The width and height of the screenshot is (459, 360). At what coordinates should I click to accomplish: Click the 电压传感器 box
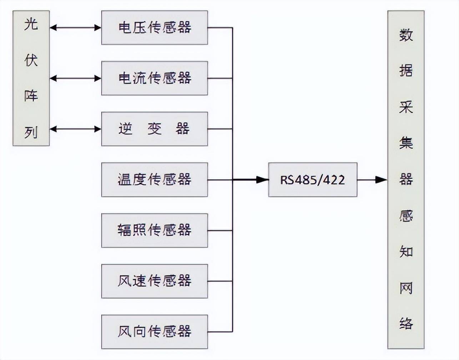[154, 27]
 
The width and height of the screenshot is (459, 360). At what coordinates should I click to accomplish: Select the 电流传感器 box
[154, 78]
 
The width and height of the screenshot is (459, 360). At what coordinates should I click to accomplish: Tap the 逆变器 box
[154, 129]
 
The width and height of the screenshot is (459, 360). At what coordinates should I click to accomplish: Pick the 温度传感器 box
[154, 180]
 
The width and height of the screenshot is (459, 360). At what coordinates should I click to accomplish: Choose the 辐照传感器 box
[154, 230]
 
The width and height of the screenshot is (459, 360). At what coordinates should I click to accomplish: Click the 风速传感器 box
[154, 281]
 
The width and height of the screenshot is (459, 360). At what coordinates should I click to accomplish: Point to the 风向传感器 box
[154, 332]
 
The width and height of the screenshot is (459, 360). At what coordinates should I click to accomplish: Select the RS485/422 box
[312, 180]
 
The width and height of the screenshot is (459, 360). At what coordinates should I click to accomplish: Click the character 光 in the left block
[31, 25]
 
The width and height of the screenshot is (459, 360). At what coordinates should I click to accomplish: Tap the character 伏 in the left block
[31, 60]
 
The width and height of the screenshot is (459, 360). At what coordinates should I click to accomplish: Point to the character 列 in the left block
[31, 132]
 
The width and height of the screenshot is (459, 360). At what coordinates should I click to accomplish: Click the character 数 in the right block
[406, 35]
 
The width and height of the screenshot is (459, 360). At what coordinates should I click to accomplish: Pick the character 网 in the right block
[406, 288]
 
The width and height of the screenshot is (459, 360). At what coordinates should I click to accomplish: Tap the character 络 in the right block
[406, 324]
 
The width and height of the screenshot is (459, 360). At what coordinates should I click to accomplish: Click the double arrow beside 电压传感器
[75, 27]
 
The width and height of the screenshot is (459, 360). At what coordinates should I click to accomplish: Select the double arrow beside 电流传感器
[75, 78]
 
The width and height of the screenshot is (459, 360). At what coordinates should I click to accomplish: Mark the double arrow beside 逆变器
[75, 129]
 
